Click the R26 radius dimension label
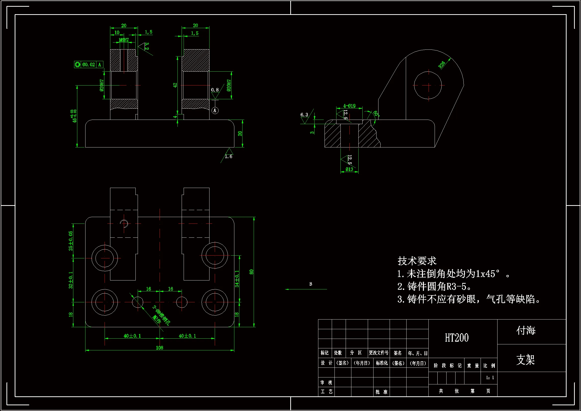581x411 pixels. click(x=442, y=65)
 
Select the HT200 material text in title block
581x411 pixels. click(x=457, y=338)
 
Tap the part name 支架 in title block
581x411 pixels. click(x=526, y=359)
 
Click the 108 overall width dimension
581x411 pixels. click(x=160, y=348)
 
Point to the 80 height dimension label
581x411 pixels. click(x=251, y=272)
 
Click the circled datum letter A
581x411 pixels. click(x=215, y=110)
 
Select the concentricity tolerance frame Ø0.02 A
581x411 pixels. click(x=88, y=65)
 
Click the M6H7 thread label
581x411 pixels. click(x=124, y=40)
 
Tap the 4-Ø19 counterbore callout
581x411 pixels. click(x=349, y=106)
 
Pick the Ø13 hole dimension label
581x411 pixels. click(x=349, y=169)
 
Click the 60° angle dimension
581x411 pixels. click(x=376, y=113)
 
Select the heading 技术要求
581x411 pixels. click(x=417, y=261)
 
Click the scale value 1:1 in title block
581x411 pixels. click(x=490, y=378)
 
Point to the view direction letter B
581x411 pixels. click(x=311, y=284)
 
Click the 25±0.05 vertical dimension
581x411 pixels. click(x=71, y=241)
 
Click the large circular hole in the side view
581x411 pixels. click(x=428, y=85)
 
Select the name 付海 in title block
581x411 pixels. click(x=526, y=330)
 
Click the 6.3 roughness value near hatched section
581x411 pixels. click(x=304, y=115)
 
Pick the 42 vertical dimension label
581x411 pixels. click(x=175, y=85)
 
